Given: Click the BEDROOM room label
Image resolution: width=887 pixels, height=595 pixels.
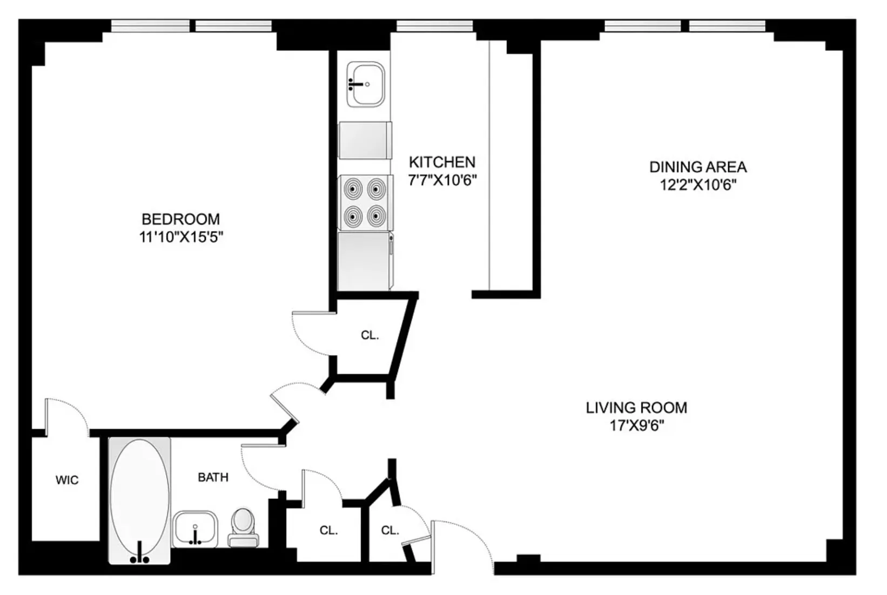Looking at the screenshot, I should pyautogui.click(x=180, y=219).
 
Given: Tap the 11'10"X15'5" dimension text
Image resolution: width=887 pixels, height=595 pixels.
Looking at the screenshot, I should pyautogui.click(x=180, y=237).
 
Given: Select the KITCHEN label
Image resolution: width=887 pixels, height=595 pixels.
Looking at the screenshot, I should pyautogui.click(x=441, y=162).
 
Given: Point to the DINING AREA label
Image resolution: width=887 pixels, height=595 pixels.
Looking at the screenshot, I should pyautogui.click(x=697, y=167).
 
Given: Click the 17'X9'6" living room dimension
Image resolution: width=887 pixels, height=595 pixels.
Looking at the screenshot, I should pyautogui.click(x=636, y=426).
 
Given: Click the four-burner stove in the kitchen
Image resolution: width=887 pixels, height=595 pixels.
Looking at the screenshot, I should pyautogui.click(x=365, y=202).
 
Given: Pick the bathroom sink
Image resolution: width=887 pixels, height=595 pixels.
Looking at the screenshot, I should pyautogui.click(x=195, y=529).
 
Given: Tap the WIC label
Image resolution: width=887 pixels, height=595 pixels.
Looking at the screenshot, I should pyautogui.click(x=67, y=480).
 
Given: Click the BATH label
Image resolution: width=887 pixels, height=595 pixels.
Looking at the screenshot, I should pyautogui.click(x=213, y=477).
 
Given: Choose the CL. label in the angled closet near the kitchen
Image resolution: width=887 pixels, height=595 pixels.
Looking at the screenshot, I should pyautogui.click(x=370, y=335).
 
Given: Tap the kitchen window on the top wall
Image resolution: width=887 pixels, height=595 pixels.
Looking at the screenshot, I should pyautogui.click(x=434, y=25).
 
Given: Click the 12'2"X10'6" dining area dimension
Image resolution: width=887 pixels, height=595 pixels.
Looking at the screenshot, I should pyautogui.click(x=697, y=185).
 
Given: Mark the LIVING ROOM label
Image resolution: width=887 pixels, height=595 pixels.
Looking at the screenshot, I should pyautogui.click(x=636, y=408).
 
